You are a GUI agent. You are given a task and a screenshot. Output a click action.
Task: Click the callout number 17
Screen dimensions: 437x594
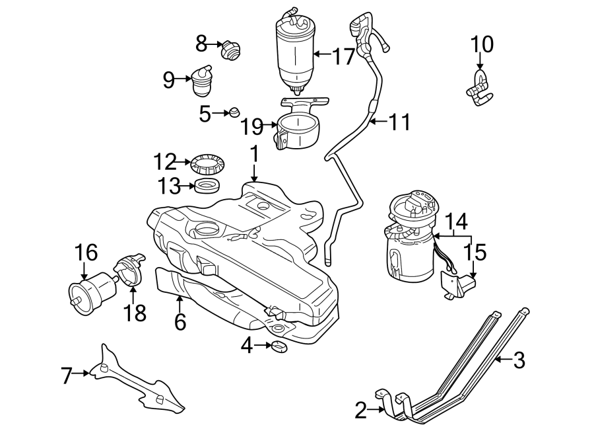click(343, 57)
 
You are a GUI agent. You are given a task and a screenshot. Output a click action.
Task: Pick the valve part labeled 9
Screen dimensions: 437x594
click(201, 81)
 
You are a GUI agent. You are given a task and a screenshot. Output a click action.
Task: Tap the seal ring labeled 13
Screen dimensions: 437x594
click(208, 186)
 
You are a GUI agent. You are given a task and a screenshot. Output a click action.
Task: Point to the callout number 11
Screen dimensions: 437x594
click(398, 122)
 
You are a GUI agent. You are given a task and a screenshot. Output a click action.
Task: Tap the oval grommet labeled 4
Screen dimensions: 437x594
click(279, 346)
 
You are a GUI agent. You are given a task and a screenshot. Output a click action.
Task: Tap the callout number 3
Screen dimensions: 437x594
click(519, 360)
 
